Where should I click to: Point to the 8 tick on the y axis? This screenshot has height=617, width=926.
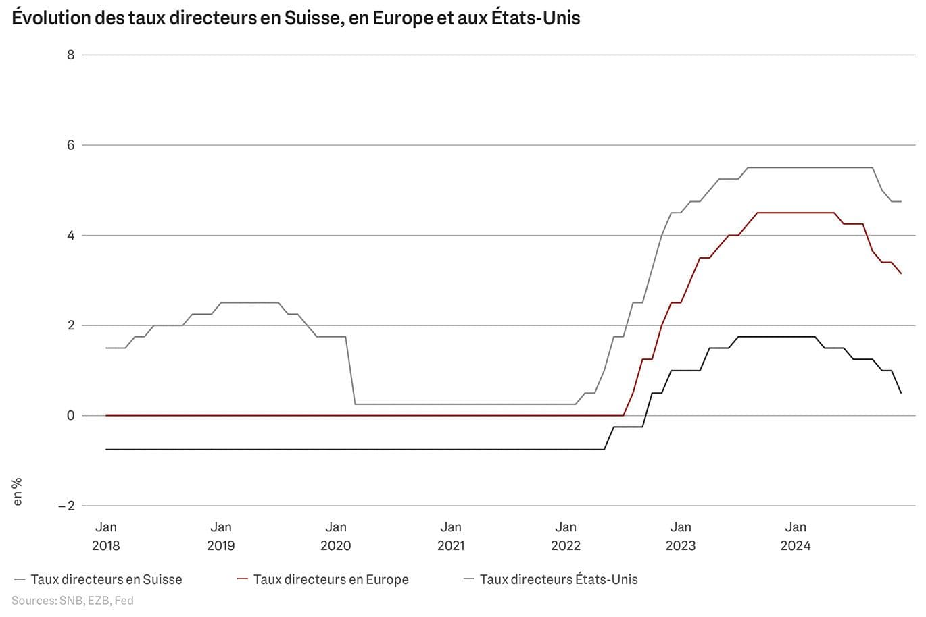(70, 55)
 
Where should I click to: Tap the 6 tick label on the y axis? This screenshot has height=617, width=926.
(70, 145)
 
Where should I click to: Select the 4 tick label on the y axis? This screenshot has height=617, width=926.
(70, 236)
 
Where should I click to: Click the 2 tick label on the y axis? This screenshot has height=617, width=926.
(70, 325)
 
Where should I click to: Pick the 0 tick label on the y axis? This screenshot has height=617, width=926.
(70, 416)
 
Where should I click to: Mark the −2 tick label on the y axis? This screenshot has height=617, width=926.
(66, 506)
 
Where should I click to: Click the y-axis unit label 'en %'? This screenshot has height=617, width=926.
(18, 491)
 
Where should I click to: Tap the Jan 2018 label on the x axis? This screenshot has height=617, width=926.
(106, 536)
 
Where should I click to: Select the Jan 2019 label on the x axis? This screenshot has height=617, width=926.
(221, 536)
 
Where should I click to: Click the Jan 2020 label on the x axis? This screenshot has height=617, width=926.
(336, 536)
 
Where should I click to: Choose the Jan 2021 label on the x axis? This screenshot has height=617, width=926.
(451, 536)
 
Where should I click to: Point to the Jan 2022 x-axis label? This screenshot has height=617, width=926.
(566, 536)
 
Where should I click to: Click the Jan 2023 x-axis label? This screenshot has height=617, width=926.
(681, 536)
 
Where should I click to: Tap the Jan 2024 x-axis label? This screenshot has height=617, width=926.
(796, 536)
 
